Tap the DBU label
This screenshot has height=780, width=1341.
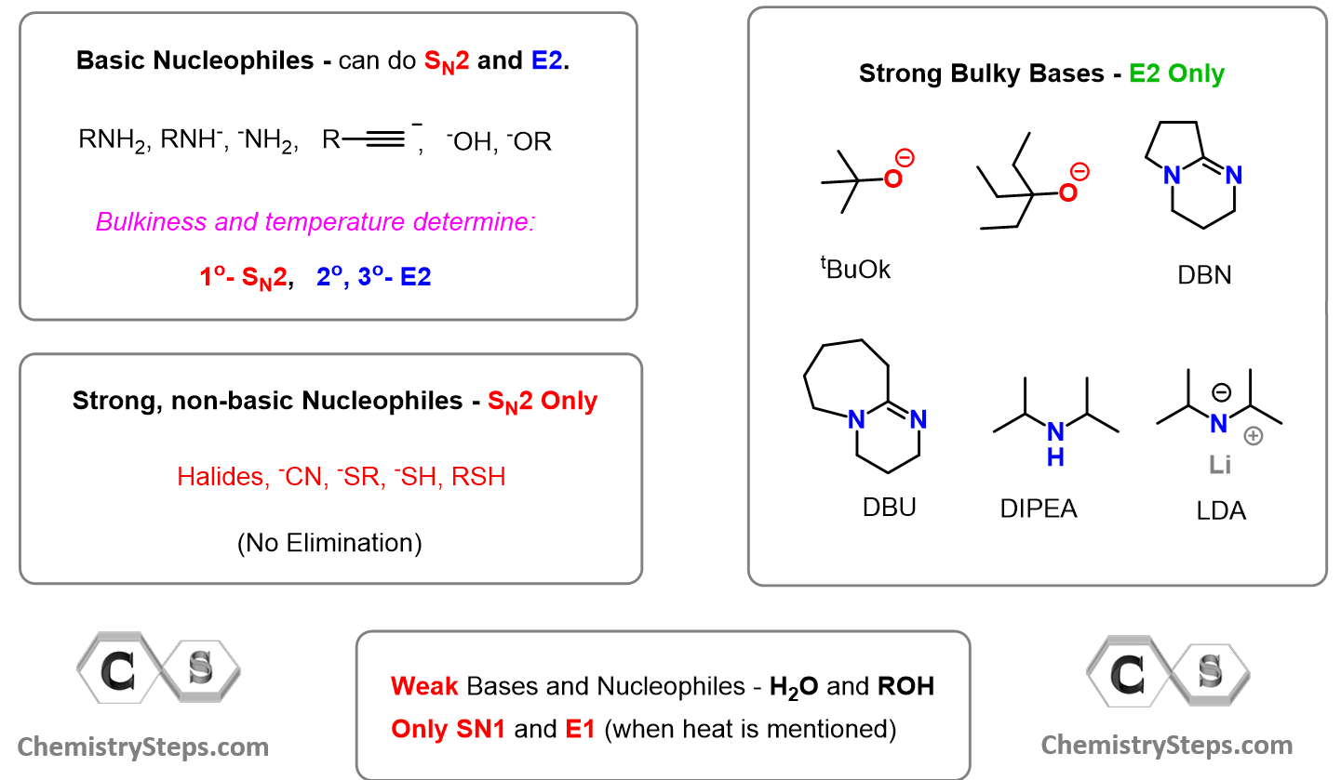(889, 507)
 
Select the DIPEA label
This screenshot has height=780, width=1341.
(1039, 508)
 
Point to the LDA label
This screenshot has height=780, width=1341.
(1221, 510)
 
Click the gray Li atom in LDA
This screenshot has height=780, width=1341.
(1220, 465)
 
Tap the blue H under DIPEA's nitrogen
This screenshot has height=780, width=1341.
(1055, 457)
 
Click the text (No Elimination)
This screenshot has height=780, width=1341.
(329, 542)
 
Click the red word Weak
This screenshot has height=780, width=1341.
(424, 686)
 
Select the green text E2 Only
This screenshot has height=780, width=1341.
(1176, 73)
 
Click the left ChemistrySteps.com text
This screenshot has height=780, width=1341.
(143, 746)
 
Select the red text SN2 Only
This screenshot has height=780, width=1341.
(543, 401)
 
